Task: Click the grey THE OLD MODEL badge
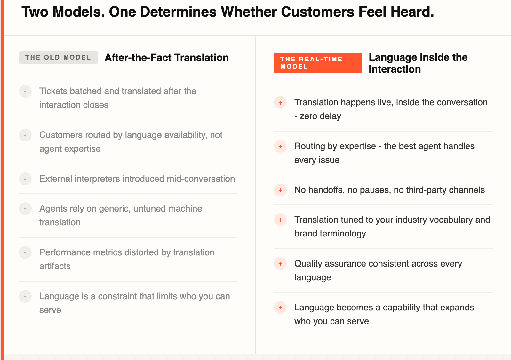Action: click(x=58, y=57)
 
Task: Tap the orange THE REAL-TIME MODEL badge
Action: click(x=318, y=63)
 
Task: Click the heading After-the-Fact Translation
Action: click(x=166, y=58)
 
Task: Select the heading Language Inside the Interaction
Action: click(x=418, y=63)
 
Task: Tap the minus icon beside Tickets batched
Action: click(x=25, y=91)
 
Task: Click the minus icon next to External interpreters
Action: click(x=25, y=179)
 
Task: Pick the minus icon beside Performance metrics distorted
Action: click(x=25, y=252)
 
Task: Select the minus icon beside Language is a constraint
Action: click(x=25, y=296)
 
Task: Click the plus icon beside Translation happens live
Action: click(x=280, y=103)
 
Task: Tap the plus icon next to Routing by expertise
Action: click(x=280, y=146)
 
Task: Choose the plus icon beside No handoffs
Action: click(x=280, y=190)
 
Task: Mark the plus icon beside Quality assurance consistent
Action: click(x=280, y=264)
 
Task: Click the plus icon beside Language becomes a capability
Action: click(x=280, y=308)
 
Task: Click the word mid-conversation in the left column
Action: click(x=201, y=179)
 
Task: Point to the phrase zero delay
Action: click(x=320, y=116)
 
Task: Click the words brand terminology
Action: click(x=330, y=234)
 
